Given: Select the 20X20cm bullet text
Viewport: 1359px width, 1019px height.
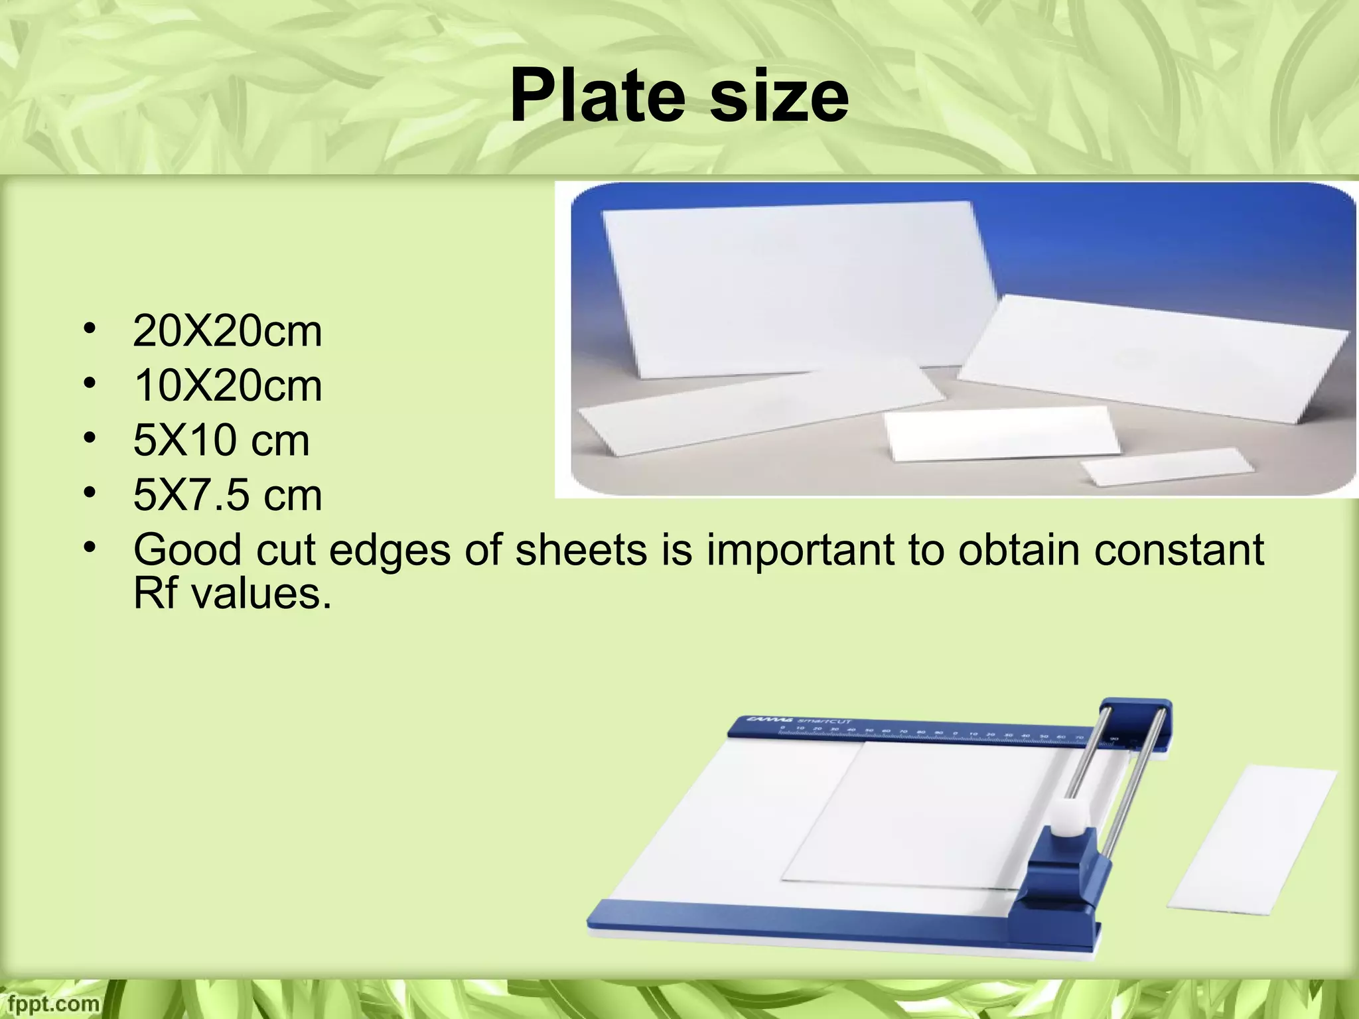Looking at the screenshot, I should [x=227, y=332].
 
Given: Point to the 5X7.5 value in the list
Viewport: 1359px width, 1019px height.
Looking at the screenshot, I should [x=192, y=495].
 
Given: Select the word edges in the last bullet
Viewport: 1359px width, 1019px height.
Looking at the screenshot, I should [x=390, y=550].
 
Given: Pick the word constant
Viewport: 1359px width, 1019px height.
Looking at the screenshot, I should [x=1179, y=550].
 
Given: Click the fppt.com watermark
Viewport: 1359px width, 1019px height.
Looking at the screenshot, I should [x=50, y=1003].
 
